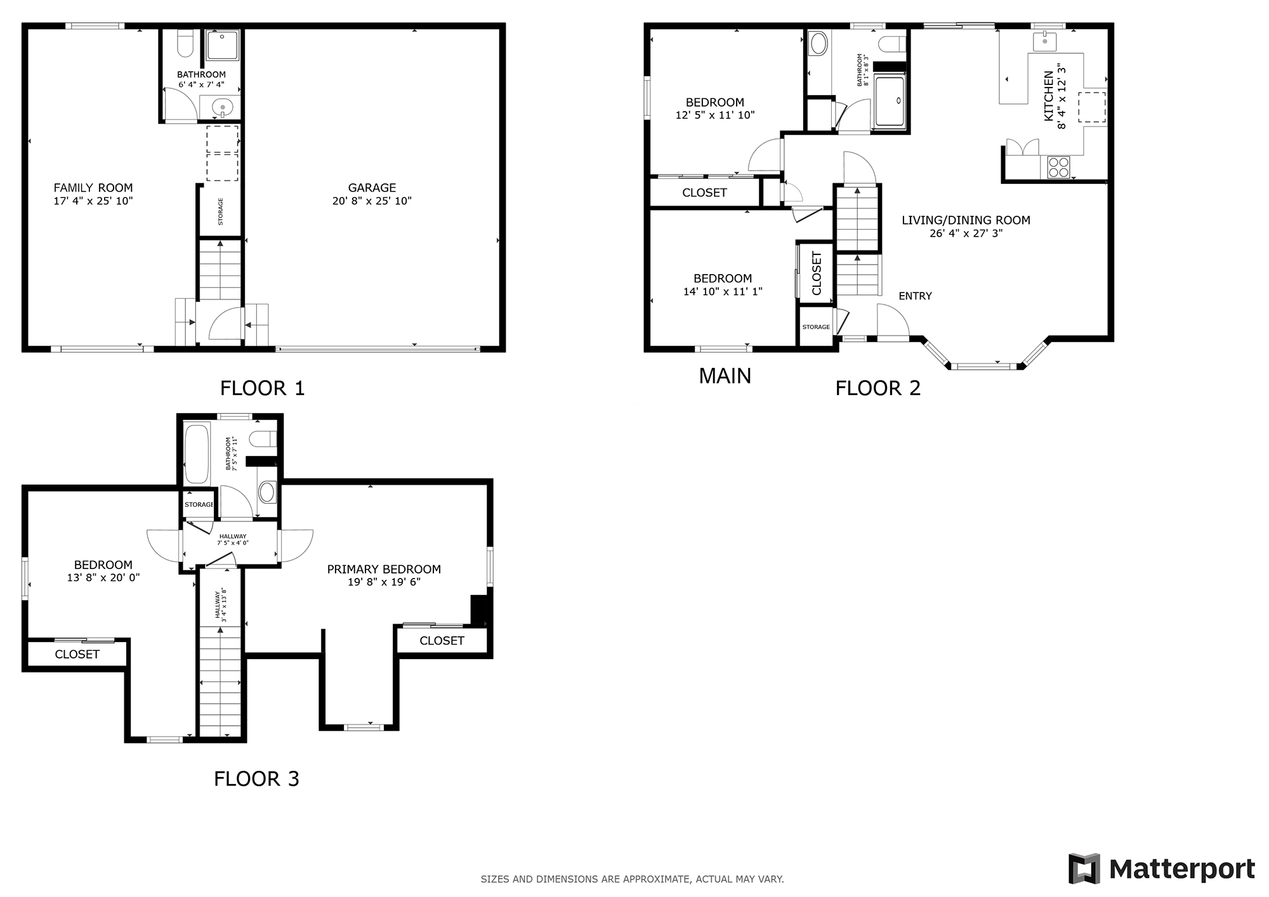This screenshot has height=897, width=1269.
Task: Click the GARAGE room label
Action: point(372,188)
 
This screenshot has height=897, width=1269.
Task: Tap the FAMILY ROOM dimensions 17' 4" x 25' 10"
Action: point(93,201)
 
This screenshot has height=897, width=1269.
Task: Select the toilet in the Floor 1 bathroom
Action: point(185,44)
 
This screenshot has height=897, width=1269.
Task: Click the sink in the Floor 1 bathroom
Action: point(222,107)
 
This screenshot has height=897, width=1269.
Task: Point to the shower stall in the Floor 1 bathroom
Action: point(222,45)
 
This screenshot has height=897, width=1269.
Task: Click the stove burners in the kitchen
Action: point(1058,167)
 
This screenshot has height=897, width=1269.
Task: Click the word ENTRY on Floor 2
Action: point(915,296)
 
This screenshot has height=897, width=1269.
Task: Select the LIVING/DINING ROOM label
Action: point(966,220)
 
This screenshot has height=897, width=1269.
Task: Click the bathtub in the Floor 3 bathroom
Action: point(197,455)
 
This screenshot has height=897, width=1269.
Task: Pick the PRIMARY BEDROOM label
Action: point(384,569)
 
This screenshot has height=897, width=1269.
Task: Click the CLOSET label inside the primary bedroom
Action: point(442,641)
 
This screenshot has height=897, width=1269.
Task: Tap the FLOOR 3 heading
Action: point(256,778)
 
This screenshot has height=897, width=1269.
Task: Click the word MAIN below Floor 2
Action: point(725,376)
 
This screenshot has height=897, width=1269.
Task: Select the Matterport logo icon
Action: point(1084,868)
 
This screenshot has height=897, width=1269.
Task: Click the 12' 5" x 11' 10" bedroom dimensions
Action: point(715,115)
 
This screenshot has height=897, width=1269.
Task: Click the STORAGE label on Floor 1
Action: point(221,212)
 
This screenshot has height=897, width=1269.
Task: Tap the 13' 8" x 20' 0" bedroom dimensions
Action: point(103,578)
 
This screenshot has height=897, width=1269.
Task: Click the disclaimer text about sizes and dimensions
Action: point(632,879)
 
